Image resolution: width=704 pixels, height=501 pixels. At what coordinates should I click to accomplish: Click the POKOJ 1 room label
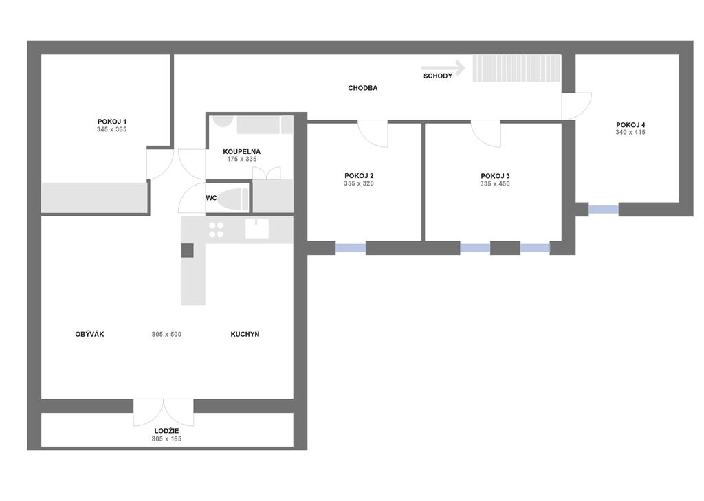click(x=112, y=122)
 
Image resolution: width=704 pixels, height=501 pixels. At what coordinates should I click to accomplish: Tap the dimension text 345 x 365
click(x=112, y=129)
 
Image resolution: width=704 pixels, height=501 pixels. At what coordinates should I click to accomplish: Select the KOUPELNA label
click(x=241, y=152)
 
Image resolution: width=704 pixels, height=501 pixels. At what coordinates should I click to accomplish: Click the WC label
click(x=212, y=198)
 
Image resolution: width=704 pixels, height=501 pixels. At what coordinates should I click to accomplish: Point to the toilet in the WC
click(x=233, y=199)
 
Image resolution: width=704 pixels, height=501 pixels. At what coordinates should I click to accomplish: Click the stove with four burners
click(x=217, y=230)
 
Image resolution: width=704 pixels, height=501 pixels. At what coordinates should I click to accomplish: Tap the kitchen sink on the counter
click(x=257, y=229)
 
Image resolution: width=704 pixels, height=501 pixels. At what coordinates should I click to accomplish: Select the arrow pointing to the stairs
click(x=443, y=68)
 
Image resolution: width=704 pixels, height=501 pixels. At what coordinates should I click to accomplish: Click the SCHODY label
click(x=438, y=76)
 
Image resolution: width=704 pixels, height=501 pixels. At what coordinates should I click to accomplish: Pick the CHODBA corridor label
click(x=363, y=88)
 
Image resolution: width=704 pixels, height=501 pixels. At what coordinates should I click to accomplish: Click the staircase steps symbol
click(x=516, y=68)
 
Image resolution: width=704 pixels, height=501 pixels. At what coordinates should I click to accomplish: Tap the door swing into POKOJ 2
click(x=373, y=133)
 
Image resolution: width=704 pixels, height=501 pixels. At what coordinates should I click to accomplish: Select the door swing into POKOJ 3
click(x=486, y=133)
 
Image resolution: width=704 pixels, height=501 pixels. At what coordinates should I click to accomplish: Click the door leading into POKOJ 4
click(x=577, y=106)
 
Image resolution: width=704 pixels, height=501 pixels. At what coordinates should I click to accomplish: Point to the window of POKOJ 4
click(x=604, y=209)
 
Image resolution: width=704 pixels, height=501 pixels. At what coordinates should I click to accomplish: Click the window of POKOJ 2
click(x=351, y=248)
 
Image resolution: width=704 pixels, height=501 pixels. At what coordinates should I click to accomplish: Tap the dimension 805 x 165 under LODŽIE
click(x=166, y=439)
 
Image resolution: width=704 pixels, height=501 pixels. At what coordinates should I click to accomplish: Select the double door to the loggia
click(x=164, y=412)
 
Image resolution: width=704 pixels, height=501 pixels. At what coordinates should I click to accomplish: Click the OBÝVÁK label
click(x=90, y=335)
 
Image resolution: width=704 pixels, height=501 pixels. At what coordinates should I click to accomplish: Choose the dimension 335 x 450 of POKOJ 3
click(x=495, y=183)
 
